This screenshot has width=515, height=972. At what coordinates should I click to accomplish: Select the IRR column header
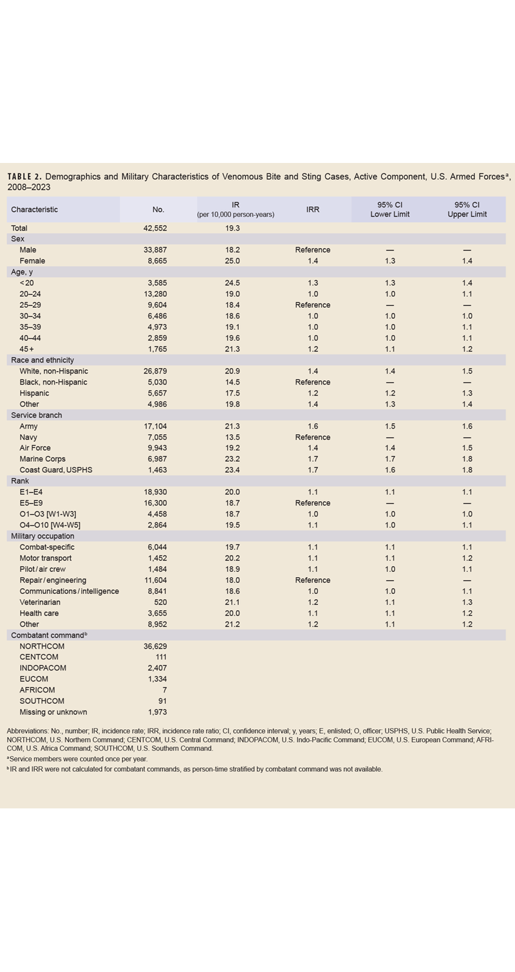pos(312,209)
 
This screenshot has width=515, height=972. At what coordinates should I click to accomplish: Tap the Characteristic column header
pos(34,209)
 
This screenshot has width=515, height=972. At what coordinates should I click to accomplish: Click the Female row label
pos(32,261)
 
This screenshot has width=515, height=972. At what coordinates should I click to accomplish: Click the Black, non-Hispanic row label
pos(53,382)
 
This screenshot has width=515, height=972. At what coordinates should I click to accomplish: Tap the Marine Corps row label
pos(42,459)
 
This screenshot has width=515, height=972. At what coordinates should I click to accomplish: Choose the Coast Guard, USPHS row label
pos(56,470)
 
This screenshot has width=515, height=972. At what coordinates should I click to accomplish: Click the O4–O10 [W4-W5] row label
pos(50,525)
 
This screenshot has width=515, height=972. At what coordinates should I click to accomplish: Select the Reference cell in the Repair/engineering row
pos(312,580)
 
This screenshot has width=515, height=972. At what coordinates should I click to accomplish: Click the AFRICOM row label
pos(37,690)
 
